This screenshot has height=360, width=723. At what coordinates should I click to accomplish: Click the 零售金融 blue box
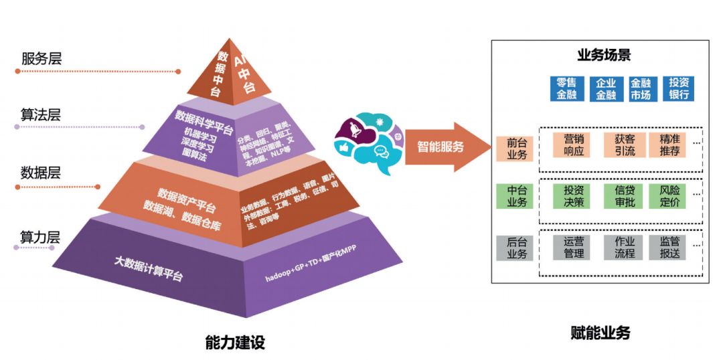[x=566, y=88]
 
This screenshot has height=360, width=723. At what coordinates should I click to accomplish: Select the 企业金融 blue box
[x=605, y=88]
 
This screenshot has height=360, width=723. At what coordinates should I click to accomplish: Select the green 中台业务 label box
[x=514, y=195]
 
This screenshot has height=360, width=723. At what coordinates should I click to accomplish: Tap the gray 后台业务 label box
[x=514, y=248]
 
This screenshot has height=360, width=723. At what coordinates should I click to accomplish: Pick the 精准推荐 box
[x=669, y=145]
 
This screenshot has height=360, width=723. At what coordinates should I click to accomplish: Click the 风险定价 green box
[x=669, y=195]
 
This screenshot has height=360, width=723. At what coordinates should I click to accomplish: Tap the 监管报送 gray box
[x=669, y=248]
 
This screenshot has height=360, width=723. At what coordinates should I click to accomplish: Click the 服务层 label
[x=42, y=58]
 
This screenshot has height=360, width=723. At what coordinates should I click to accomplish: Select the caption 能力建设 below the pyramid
[x=235, y=343]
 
